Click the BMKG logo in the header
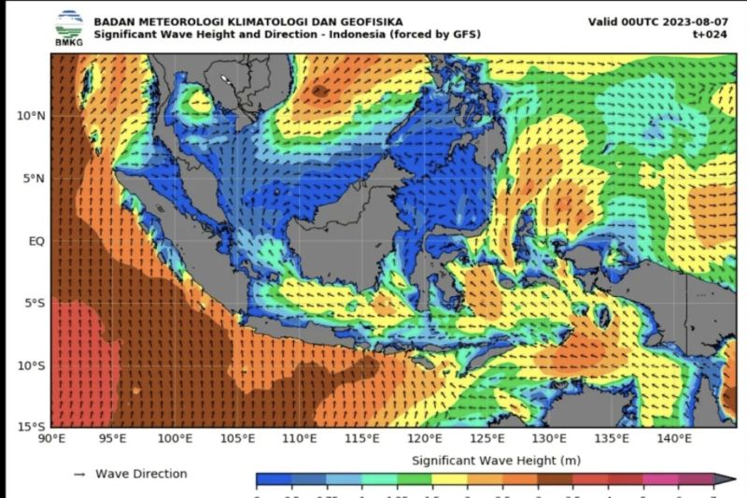click(x=68, y=27)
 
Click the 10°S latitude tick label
click(x=32, y=365)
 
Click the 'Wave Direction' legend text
click(x=141, y=474)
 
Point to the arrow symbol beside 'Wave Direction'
click(x=79, y=475)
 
